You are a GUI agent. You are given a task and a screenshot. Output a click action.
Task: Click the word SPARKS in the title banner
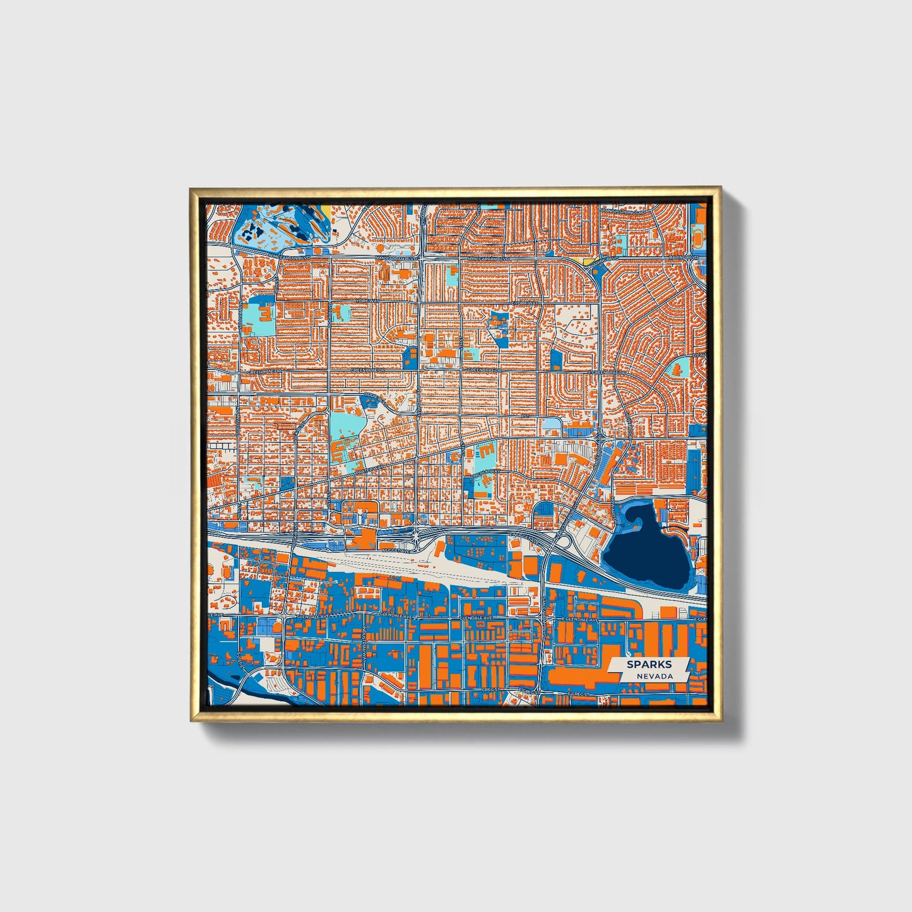[649, 665]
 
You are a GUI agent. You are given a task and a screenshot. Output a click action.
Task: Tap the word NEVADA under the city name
[654, 676]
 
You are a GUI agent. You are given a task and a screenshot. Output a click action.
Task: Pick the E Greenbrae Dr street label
[607, 373]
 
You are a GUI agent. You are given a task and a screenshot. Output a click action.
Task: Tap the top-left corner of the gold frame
[191, 189]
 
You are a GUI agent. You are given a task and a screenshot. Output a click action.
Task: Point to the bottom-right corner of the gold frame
[720, 720]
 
